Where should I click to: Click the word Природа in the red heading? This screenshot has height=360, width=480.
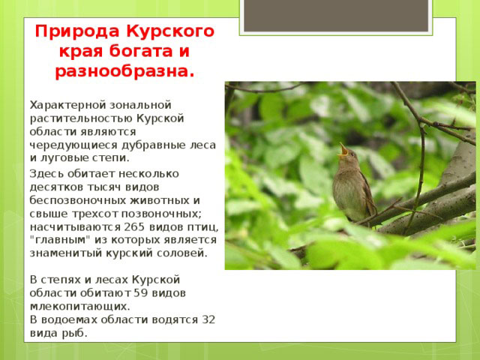coord(77,32)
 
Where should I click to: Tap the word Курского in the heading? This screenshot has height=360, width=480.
coord(170,32)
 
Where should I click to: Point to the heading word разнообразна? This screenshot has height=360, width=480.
coord(124,72)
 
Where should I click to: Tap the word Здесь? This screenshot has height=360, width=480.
coord(46,174)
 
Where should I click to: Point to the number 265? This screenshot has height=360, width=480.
coord(134,227)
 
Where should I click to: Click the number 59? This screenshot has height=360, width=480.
coord(141,293)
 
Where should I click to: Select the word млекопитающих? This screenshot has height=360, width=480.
coord(80,307)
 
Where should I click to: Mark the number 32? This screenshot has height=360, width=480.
coord(208,320)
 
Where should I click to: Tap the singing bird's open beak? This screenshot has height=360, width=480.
coord(343,150)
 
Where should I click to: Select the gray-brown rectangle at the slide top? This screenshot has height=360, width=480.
coord(336,15)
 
